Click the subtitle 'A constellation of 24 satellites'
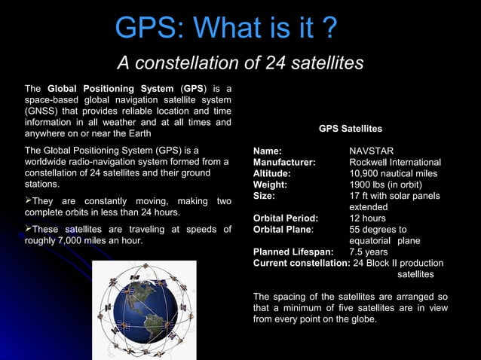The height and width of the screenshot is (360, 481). click(x=240, y=63)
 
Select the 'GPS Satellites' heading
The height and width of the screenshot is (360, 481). click(x=350, y=129)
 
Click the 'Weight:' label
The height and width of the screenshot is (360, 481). click(x=270, y=185)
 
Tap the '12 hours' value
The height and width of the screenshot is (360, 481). click(x=367, y=218)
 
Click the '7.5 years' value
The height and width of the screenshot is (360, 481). click(x=369, y=252)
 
